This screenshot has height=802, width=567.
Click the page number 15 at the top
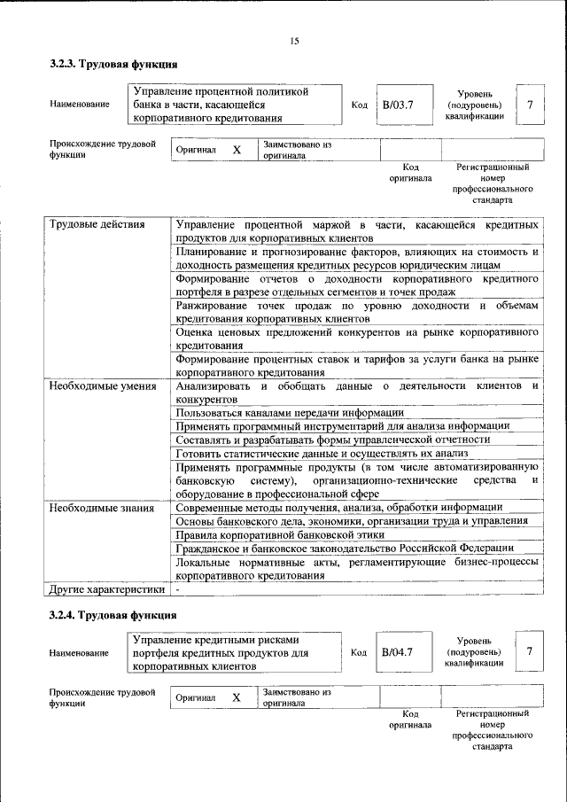tap(294, 41)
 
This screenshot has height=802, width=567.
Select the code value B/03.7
tap(398, 105)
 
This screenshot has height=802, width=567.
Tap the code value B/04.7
tap(398, 652)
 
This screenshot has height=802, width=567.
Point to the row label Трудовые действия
tap(97, 224)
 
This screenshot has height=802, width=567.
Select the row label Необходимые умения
tap(103, 386)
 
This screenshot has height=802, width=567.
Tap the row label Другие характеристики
tap(106, 588)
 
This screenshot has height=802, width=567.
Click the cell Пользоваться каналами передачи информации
tap(290, 412)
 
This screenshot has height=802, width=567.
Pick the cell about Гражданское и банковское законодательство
tap(351, 549)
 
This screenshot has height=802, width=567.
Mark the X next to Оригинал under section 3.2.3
tap(237, 151)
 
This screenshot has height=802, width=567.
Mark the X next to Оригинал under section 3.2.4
tap(237, 697)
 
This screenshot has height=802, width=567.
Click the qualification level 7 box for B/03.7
tap(529, 105)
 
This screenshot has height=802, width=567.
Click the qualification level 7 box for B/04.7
tap(529, 652)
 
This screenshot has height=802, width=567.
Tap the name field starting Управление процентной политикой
tap(236, 104)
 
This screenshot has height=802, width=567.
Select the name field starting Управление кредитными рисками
tap(236, 652)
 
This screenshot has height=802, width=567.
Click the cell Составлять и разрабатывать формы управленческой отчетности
tap(332, 440)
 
